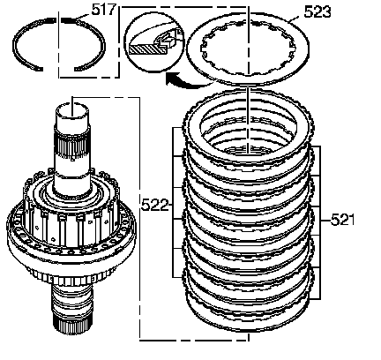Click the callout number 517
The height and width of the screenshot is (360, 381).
tap(103, 10)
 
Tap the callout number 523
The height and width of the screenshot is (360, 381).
tap(317, 11)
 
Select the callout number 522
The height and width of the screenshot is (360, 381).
tap(154, 205)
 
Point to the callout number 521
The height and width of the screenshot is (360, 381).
tap(342, 220)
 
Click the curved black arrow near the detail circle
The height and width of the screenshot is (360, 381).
tap(188, 81)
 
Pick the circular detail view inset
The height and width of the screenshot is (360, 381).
tap(153, 42)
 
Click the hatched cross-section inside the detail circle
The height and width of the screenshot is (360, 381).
tap(147, 49)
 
